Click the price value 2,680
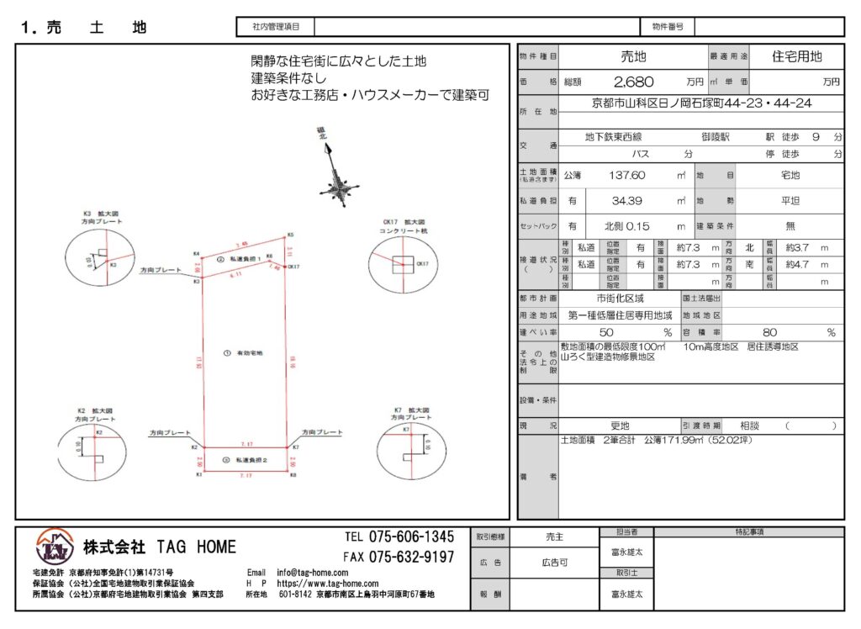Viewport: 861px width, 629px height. pos(634,82)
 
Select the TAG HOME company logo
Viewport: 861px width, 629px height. pos(55,549)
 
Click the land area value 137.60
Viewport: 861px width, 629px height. pos(627,176)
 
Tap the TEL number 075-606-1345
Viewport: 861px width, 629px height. pos(399,537)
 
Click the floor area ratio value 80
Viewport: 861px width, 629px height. pos(769,333)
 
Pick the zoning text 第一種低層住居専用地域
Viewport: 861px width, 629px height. pos(621,315)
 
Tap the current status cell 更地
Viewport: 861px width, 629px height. pos(620,426)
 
